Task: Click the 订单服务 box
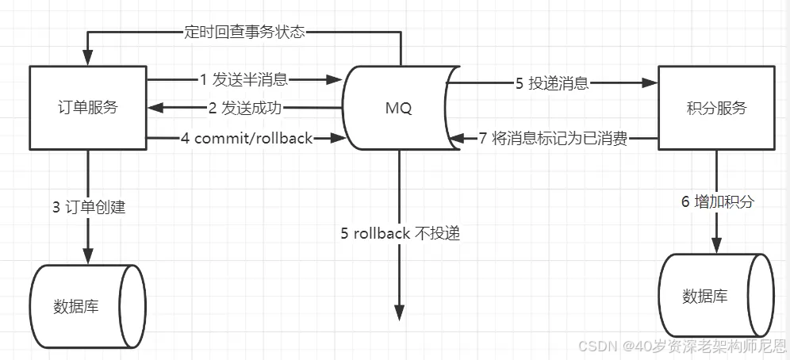[88, 108]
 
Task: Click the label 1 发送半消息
[244, 79]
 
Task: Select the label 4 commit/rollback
[247, 139]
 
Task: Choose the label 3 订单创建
[89, 208]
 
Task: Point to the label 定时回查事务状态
[242, 33]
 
